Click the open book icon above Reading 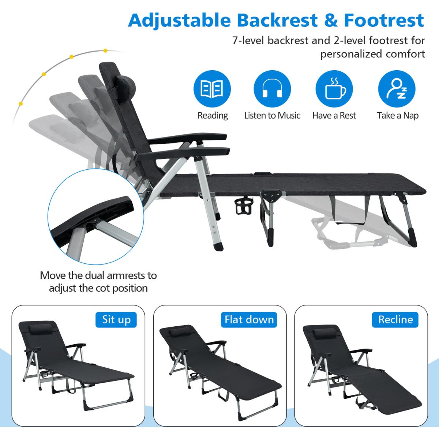[212, 89]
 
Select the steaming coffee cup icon [334, 89]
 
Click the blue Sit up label [116, 320]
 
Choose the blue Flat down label [249, 320]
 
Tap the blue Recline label [395, 320]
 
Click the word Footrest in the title [384, 20]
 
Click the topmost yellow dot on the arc [105, 50]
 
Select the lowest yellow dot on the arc [21, 104]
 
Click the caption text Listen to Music [272, 116]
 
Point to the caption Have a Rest [334, 116]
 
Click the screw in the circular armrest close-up [95, 220]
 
